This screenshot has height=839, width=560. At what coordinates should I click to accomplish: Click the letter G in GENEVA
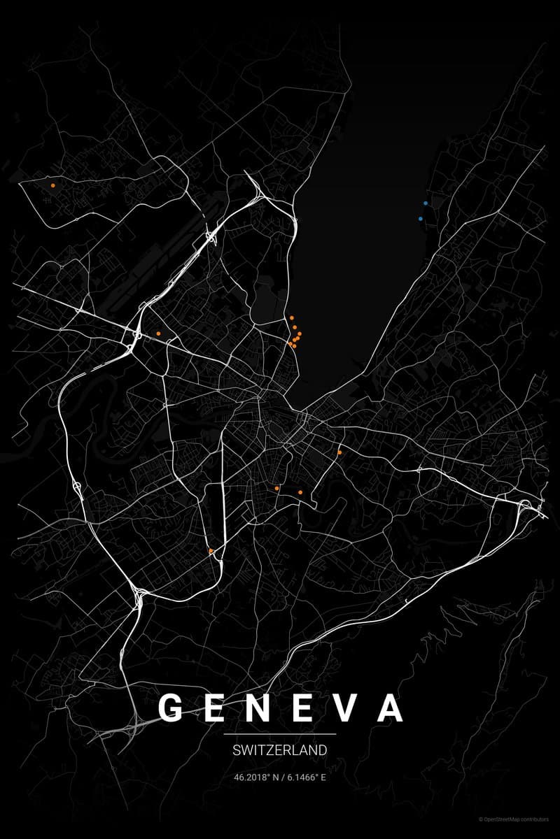(x=171, y=708)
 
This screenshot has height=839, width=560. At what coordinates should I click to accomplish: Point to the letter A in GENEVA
(x=389, y=708)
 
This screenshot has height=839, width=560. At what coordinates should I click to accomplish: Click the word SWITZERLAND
(x=280, y=751)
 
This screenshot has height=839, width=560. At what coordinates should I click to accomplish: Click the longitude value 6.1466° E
(x=306, y=777)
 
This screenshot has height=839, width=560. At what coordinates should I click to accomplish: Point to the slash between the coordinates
(x=281, y=777)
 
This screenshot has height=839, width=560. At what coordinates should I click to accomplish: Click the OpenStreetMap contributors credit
(x=517, y=819)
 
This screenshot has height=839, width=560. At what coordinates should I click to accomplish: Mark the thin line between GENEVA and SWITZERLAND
(x=280, y=734)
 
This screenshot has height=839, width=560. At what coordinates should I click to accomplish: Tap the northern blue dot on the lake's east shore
(x=426, y=203)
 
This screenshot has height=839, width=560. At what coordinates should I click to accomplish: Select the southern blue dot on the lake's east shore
(x=421, y=219)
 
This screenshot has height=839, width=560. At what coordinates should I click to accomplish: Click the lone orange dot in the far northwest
(x=53, y=185)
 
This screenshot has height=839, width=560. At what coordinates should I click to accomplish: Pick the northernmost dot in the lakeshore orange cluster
(x=292, y=317)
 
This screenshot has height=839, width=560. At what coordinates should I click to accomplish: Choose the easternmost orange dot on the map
(x=339, y=452)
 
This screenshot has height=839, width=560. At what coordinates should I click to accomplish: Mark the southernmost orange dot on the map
(x=211, y=551)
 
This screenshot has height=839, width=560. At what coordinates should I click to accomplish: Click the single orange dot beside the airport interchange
(x=159, y=334)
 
